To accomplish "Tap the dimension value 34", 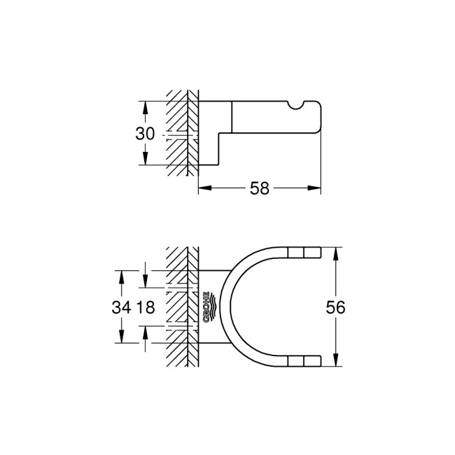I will pos(122,307).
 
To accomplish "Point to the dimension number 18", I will pos(145,307).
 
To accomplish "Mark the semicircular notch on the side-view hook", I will pos(299,105).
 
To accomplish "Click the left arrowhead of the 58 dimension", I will pos(203,188).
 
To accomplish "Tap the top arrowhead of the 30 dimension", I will pos(145,106).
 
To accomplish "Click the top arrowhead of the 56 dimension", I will pos(337,251).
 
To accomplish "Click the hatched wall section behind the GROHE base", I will pos(182,307).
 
